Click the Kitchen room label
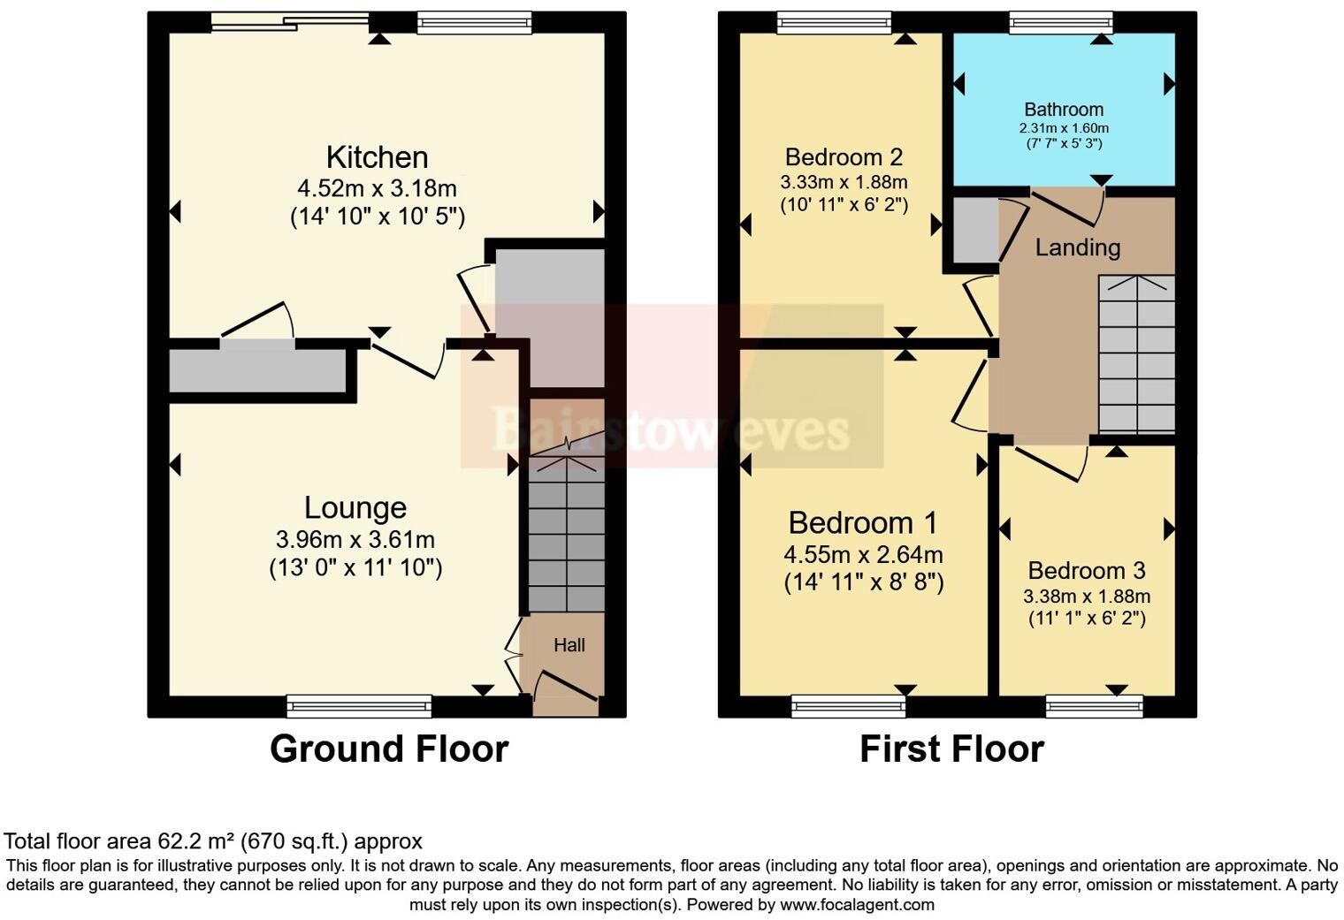click(377, 157)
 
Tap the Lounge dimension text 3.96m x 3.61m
click(355, 539)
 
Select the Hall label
click(569, 645)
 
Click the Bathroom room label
click(1064, 110)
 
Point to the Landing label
click(1077, 247)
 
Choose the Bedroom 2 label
click(844, 157)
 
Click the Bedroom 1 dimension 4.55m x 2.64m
click(862, 555)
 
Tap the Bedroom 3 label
click(1087, 571)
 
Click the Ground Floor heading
click(389, 749)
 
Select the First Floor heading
click(951, 749)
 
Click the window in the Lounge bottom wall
click(359, 705)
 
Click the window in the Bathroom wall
click(1061, 22)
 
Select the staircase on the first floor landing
click(1136, 354)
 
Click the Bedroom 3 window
click(1094, 705)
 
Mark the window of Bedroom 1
click(849, 705)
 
